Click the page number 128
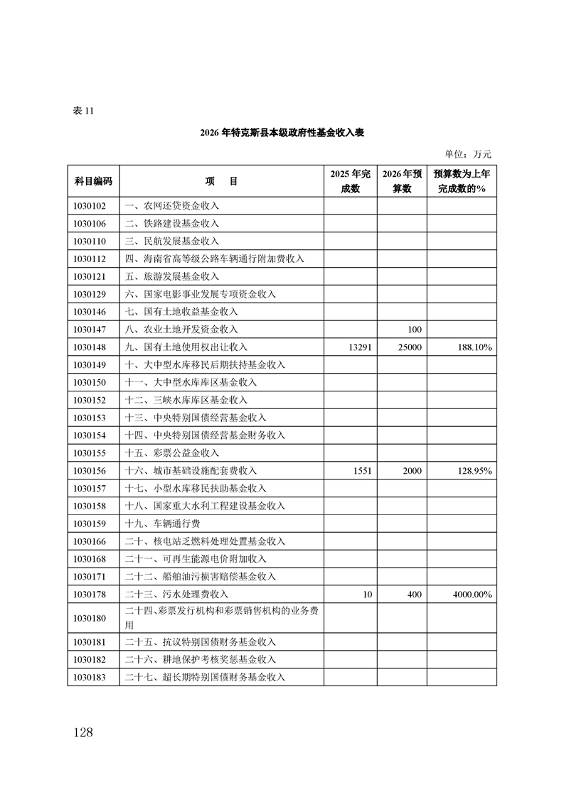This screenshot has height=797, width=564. coord(83,732)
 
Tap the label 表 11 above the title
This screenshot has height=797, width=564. coord(83,112)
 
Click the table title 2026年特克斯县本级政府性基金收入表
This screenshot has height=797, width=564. coord(282,133)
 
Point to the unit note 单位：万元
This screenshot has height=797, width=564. coord(467,153)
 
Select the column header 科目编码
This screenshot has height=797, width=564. coord(93,181)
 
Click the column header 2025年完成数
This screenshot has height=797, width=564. coord(351,181)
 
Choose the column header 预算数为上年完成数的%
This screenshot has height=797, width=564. coord(462,181)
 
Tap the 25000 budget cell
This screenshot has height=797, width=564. coord(410,347)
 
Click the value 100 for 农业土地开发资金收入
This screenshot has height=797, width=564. coord(415,330)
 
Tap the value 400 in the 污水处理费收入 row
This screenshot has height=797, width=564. coord(414,595)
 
